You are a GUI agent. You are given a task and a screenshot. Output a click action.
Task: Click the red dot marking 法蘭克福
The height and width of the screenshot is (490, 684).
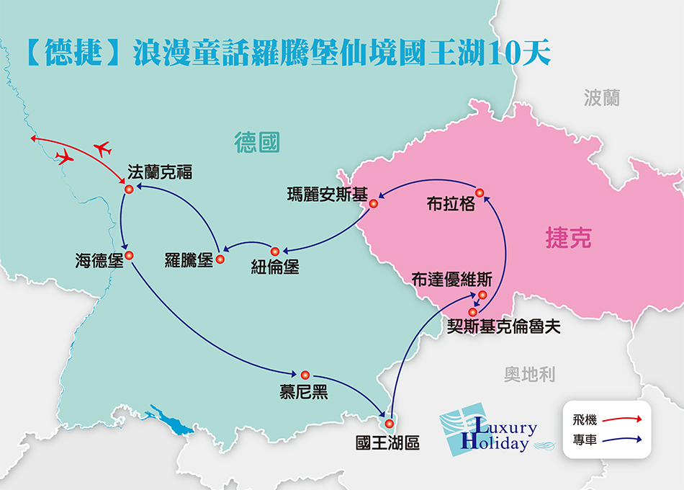[x=129, y=190]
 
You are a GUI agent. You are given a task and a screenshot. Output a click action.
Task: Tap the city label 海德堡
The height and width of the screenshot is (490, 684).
[x=99, y=260]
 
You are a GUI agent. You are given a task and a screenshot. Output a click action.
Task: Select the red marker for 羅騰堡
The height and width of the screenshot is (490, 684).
[x=220, y=259]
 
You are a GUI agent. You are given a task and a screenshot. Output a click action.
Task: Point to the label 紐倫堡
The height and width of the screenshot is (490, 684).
[x=274, y=266]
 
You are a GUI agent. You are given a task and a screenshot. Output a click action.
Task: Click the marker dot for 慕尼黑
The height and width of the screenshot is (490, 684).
[x=305, y=375]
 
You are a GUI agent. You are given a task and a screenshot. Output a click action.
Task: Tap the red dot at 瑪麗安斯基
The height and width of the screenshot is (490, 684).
[x=374, y=204]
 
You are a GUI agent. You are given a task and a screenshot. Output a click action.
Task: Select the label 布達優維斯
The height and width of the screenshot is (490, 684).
[x=452, y=279]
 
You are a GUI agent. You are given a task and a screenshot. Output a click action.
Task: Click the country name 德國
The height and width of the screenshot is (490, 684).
[x=256, y=142]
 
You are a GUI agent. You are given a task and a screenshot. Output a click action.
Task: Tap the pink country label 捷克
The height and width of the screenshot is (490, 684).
[x=569, y=239]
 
